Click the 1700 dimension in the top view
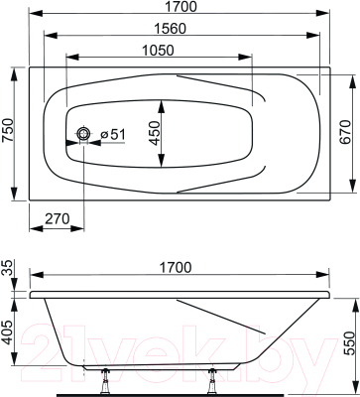point(180,6)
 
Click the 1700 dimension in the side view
point(176,267)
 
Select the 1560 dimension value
point(171,29)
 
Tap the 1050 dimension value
point(159,51)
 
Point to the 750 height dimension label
point(8,130)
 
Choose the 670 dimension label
point(346,132)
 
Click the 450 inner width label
point(154,133)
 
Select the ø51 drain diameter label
point(113,134)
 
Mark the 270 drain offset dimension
point(58,219)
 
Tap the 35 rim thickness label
point(8,268)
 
